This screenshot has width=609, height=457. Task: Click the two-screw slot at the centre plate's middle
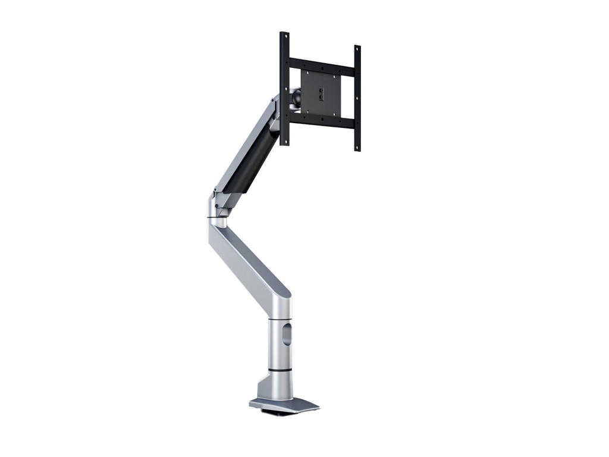(321, 93)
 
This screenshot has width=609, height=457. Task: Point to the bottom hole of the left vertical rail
(285, 142)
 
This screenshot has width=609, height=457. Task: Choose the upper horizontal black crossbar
(321, 64)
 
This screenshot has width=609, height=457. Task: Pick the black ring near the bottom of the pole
(278, 370)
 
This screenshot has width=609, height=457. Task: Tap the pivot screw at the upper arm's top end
(275, 102)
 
